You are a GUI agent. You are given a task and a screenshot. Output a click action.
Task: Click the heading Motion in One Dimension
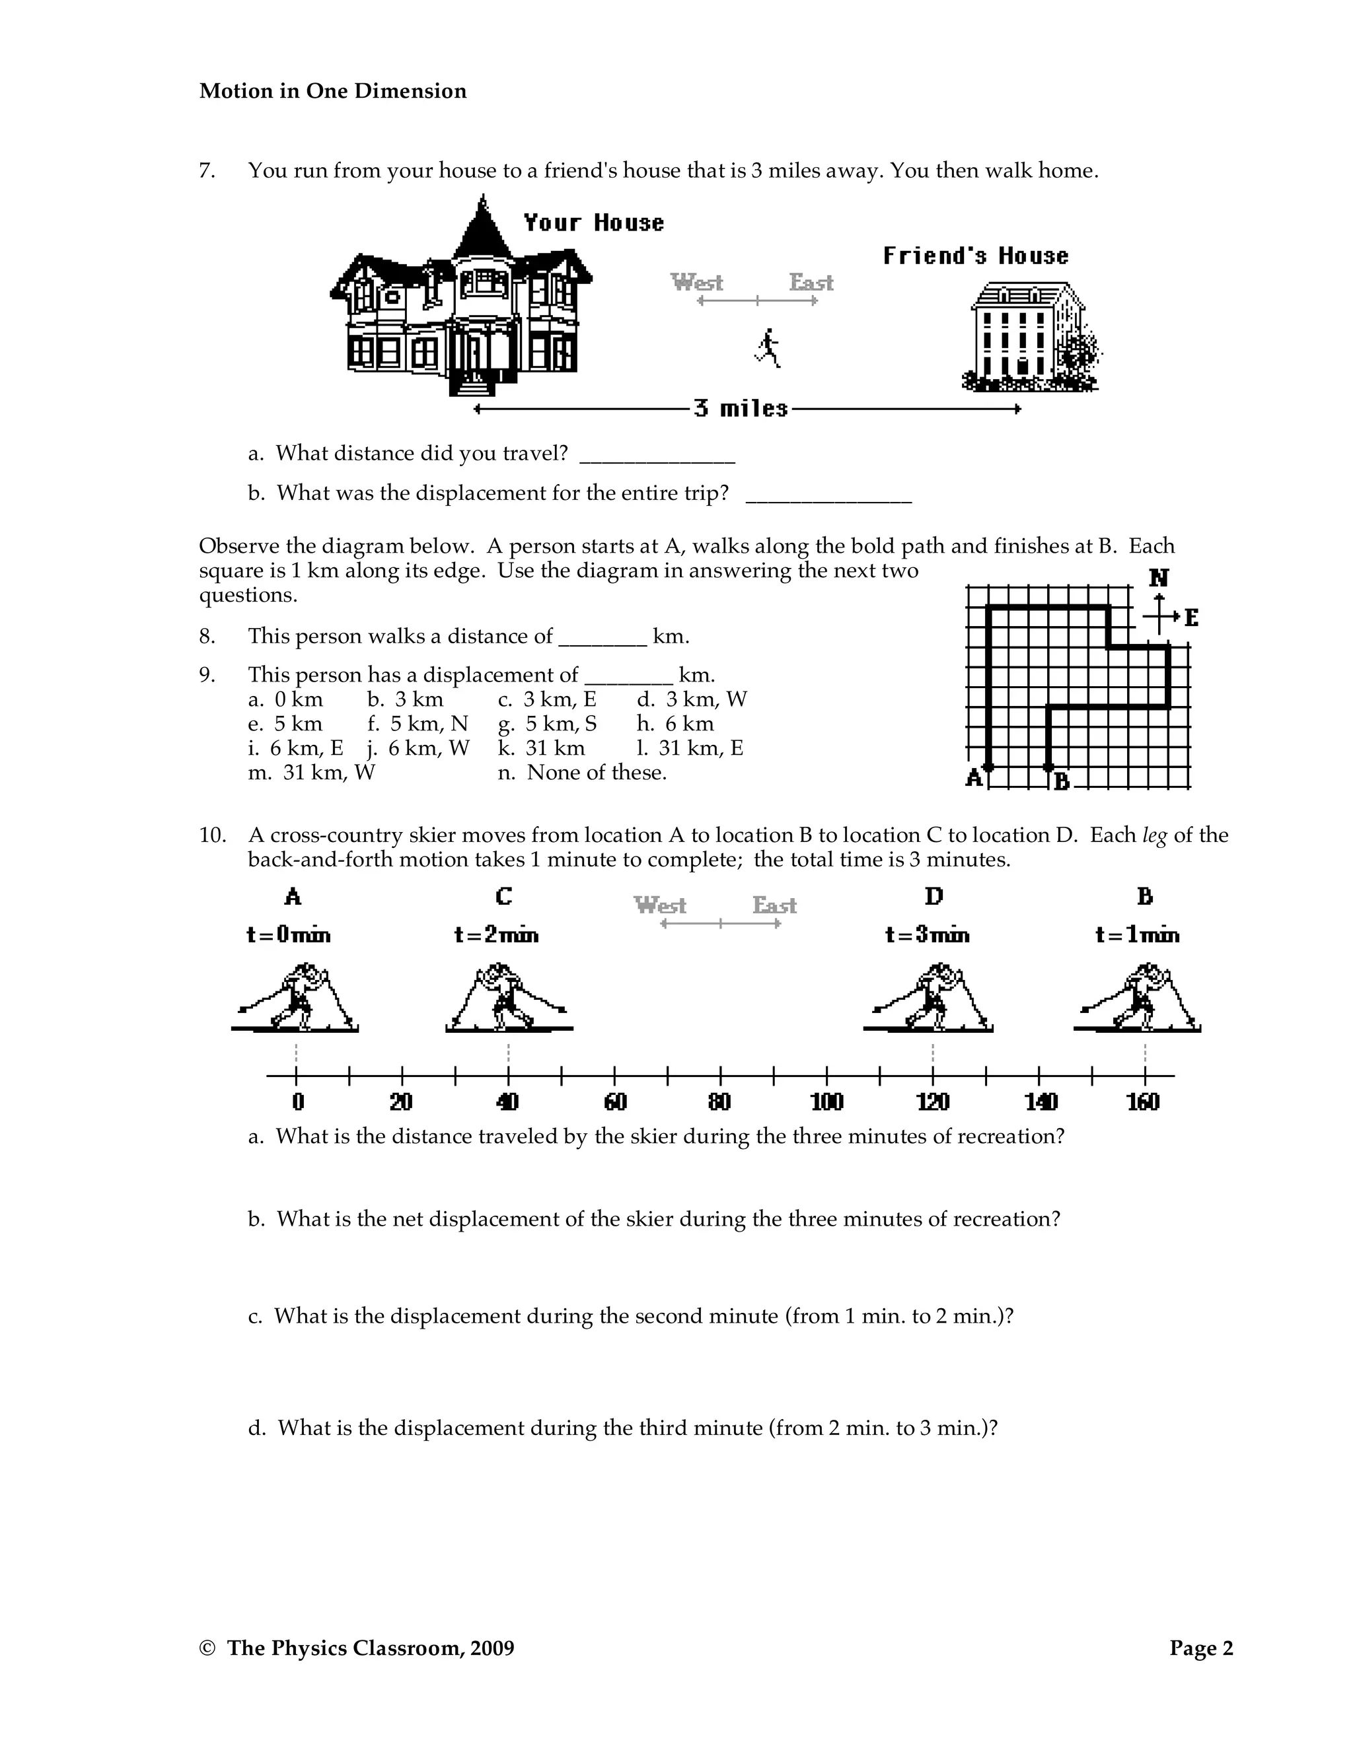[x=333, y=91]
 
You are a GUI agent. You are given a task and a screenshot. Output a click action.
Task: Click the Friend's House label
[x=976, y=256]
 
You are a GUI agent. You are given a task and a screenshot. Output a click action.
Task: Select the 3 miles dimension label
[x=741, y=409]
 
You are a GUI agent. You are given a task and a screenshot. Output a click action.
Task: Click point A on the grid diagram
[x=988, y=767]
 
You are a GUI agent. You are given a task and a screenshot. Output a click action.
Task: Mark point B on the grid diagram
[x=1048, y=767]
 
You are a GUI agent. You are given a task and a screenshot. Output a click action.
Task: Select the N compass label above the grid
[x=1158, y=578]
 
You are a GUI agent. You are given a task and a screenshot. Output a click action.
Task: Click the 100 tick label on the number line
[x=826, y=1103]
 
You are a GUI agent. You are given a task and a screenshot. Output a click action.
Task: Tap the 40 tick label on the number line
[x=507, y=1103]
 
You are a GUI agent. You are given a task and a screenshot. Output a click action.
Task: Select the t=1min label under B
[x=1138, y=935]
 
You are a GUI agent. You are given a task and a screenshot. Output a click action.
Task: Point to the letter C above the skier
[x=503, y=896]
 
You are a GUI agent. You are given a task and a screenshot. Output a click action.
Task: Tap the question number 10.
[x=213, y=836]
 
